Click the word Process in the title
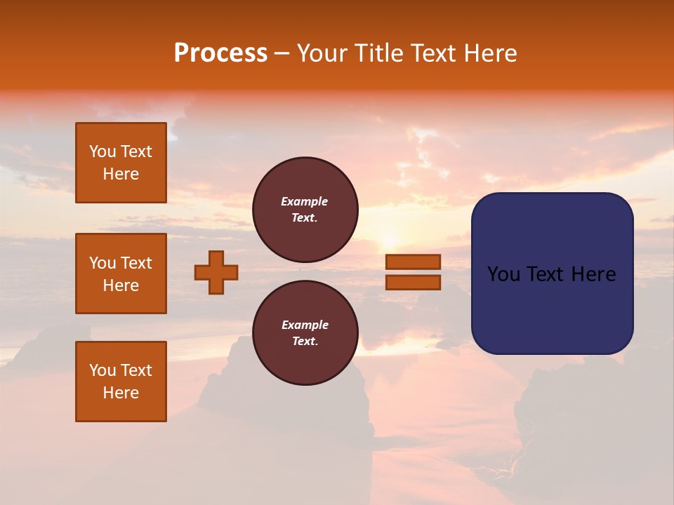[220, 53]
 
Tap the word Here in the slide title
[489, 53]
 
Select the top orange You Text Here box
[121, 163]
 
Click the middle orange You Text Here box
[121, 274]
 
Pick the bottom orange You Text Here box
[121, 382]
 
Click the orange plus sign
[216, 272]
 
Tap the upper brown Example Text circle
[305, 210]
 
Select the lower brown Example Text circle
[305, 333]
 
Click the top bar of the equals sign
[414, 262]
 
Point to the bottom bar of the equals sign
[414, 282]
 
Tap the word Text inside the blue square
[545, 274]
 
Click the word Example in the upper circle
[305, 201]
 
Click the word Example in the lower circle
[305, 325]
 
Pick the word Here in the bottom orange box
[121, 393]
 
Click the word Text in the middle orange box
[136, 263]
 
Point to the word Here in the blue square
[593, 274]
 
